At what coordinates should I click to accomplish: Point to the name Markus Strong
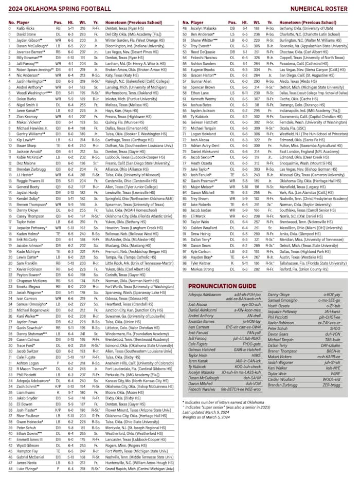(202, 268)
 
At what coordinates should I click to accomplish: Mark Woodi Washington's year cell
(95, 93)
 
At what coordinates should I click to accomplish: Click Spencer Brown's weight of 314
(241, 87)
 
